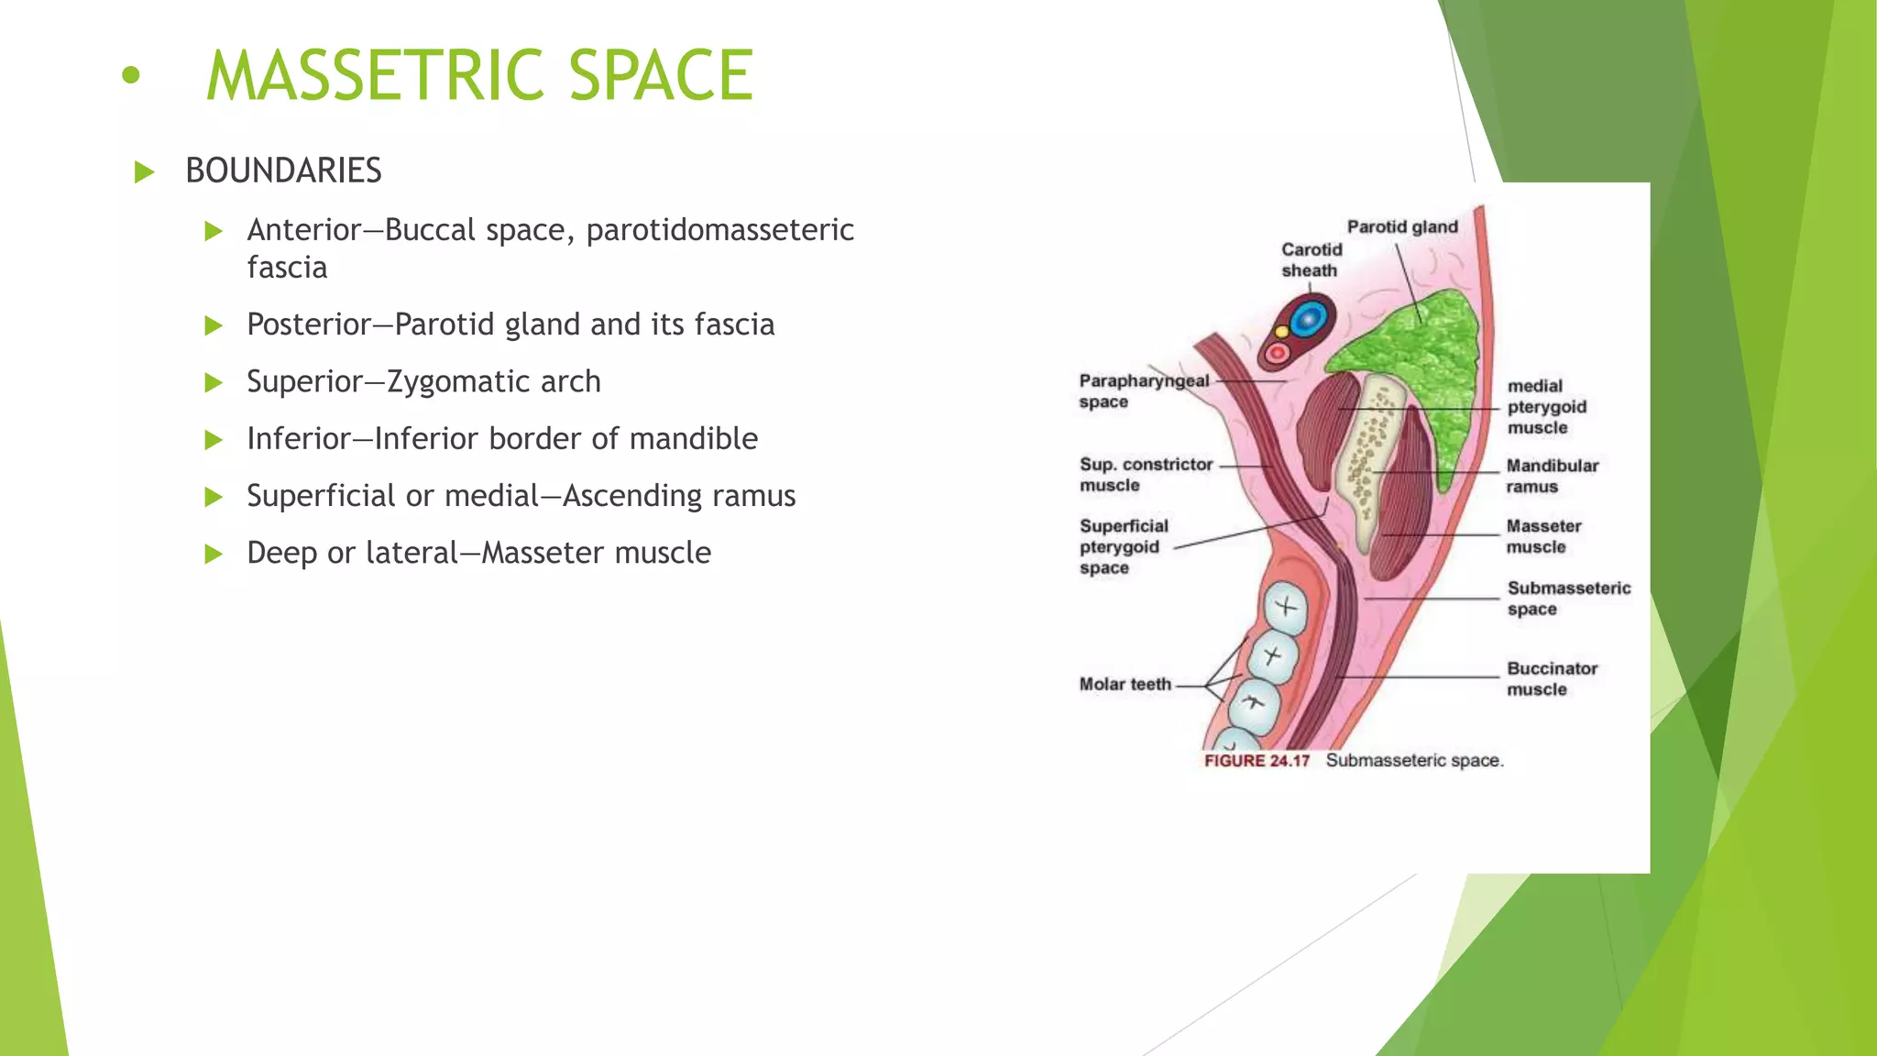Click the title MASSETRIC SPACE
(479, 75)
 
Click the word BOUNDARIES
(283, 170)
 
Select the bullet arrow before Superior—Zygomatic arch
(214, 382)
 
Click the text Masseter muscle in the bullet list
(596, 553)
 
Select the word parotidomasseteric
(719, 229)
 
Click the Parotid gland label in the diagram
(1401, 226)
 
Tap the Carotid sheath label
(1311, 259)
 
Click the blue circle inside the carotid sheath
(1308, 320)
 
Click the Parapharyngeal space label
(1143, 390)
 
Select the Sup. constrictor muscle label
(1145, 474)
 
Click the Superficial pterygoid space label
(1123, 546)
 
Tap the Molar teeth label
(1125, 684)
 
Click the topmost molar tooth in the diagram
(1286, 607)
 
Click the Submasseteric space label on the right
(1567, 598)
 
